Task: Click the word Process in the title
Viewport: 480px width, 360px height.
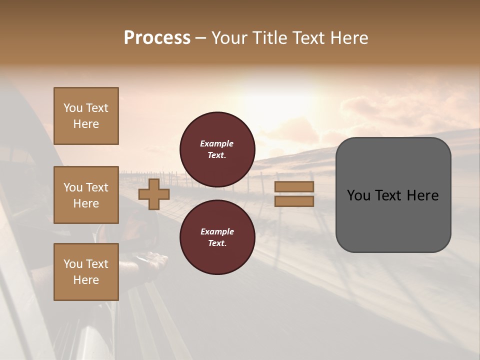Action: pos(157,38)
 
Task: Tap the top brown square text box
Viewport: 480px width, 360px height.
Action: pos(86,116)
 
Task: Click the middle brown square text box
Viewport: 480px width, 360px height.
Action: pos(86,195)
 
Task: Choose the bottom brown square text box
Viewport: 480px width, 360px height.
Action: pos(86,272)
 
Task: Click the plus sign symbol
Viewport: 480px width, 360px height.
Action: pos(154,194)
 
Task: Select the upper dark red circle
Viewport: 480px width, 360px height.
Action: pos(217,149)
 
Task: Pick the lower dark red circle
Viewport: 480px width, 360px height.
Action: pos(217,237)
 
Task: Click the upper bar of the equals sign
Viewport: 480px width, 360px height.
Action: pos(294,186)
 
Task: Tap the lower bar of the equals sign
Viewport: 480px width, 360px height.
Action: pos(294,201)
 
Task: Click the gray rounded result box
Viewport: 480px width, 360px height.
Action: pos(393,194)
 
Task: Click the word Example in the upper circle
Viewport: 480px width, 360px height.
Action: pos(216,143)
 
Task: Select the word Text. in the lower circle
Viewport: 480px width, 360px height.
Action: pos(217,243)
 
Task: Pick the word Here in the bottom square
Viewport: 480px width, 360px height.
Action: pos(86,280)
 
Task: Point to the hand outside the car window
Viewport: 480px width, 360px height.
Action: pos(148,260)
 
